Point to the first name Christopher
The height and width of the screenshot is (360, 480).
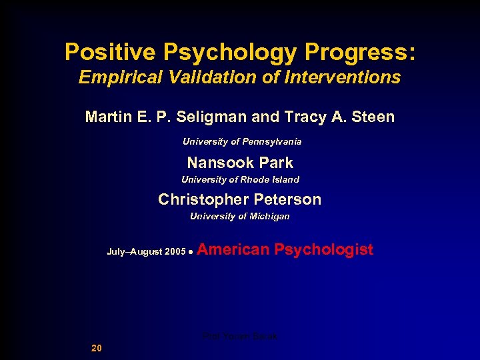tap(202, 199)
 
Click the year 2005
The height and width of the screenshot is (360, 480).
tap(175, 252)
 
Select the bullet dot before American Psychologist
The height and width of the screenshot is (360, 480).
tap(191, 253)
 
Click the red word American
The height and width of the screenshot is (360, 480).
tap(234, 250)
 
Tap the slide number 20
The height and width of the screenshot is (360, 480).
tap(97, 348)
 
